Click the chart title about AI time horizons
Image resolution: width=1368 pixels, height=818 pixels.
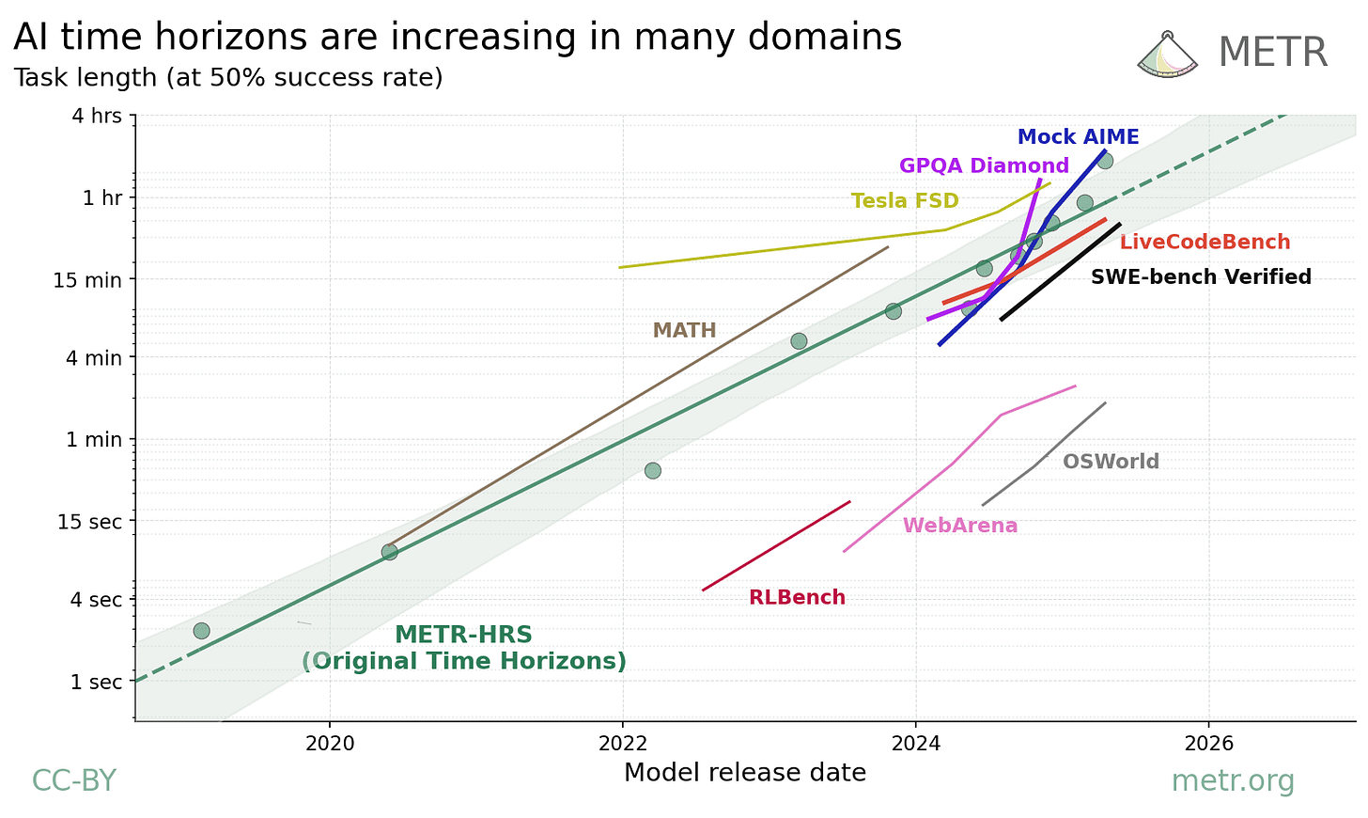458,38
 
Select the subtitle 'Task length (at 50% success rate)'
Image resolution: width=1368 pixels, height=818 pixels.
228,77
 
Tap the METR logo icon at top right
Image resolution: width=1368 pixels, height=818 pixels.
1167,55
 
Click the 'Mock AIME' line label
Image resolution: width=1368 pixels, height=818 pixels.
1078,137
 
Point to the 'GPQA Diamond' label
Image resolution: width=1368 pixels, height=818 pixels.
984,166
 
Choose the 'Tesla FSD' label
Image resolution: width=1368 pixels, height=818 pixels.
904,201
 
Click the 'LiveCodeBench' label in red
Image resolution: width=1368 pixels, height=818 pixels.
1205,243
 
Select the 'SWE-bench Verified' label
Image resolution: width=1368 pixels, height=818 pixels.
1201,277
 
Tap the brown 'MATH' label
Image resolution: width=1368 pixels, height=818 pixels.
684,331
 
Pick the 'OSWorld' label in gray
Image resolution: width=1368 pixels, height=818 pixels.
1111,462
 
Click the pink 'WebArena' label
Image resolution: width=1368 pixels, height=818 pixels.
959,526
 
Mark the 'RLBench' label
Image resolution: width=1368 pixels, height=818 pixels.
797,598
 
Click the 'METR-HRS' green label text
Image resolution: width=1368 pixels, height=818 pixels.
463,636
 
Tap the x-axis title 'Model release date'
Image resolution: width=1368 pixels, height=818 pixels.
744,773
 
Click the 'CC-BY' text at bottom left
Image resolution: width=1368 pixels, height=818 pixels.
74,780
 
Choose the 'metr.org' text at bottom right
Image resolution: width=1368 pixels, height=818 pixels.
1232,780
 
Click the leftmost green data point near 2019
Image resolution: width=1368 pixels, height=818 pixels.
201,631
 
